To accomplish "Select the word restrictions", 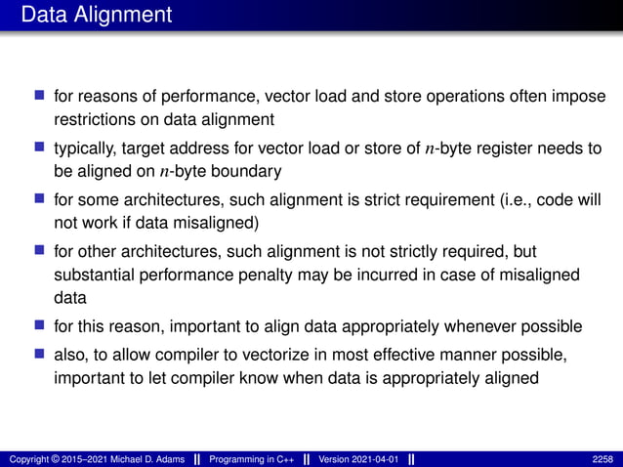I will point(93,120).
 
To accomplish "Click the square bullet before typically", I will point(40,147).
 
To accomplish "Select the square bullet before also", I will point(40,352).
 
